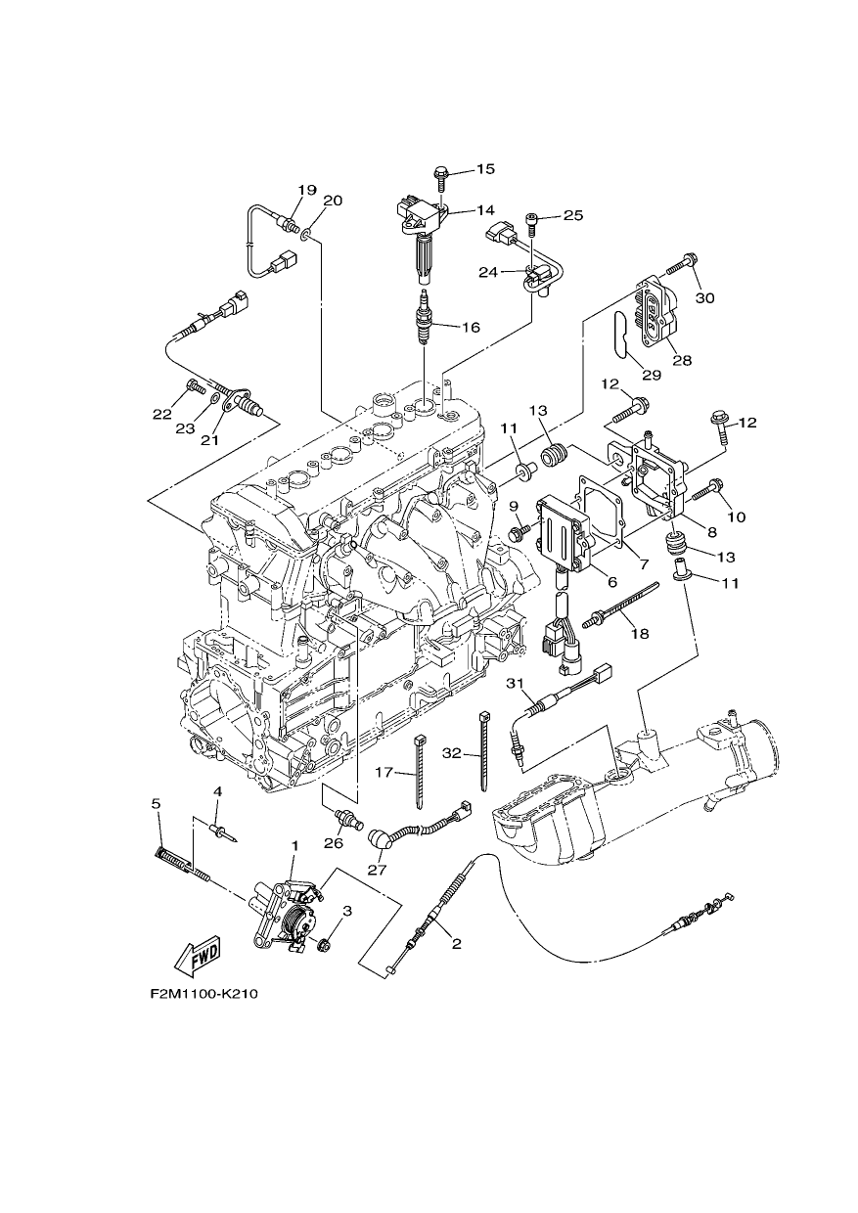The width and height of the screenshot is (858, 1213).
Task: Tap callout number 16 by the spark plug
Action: pos(470,328)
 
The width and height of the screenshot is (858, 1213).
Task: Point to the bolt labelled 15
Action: pos(439,179)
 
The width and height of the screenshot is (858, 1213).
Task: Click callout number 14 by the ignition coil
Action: pos(485,209)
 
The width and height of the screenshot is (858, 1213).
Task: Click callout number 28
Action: pos(683,360)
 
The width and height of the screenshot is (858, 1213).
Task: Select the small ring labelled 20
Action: pos(305,234)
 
